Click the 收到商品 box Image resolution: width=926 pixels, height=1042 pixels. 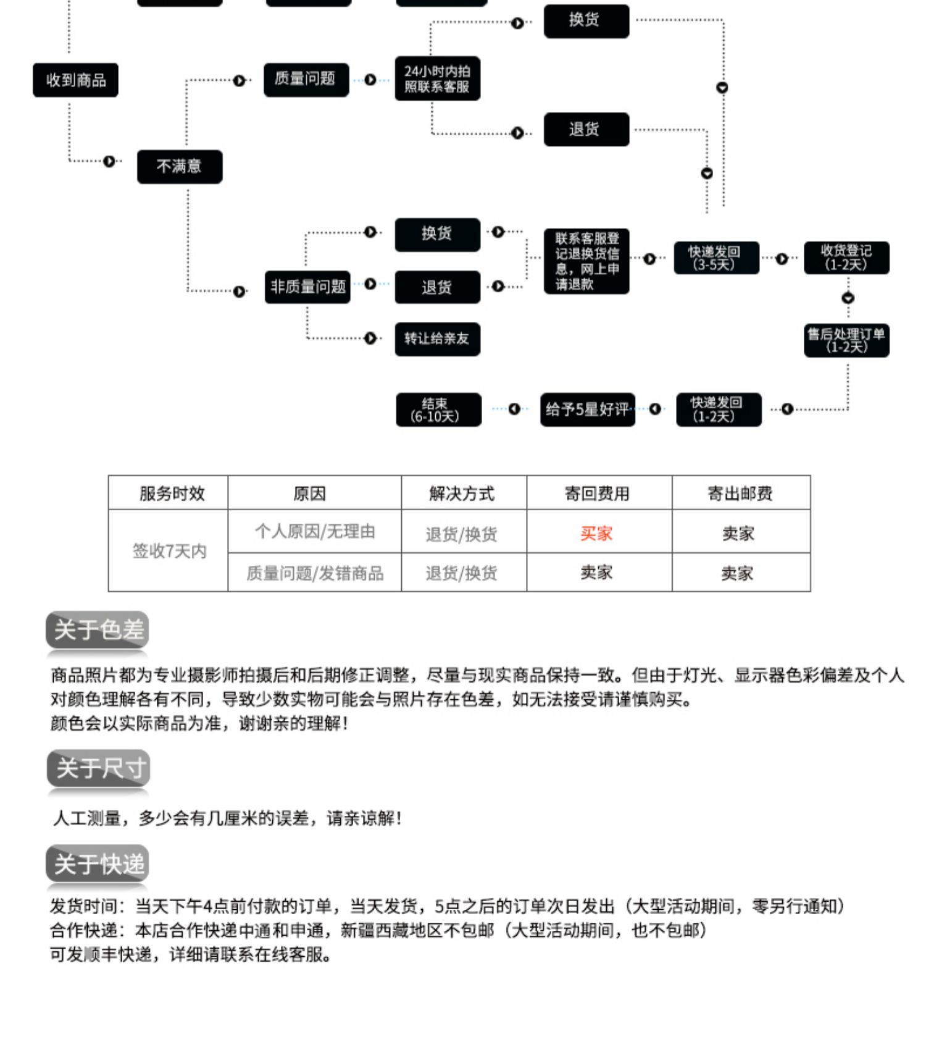(x=75, y=80)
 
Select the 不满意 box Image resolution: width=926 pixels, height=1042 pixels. (x=180, y=166)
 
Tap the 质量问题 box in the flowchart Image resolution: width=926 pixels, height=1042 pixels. (x=306, y=80)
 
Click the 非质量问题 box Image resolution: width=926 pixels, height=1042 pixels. (x=307, y=287)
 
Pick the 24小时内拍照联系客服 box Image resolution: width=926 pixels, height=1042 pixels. (x=437, y=79)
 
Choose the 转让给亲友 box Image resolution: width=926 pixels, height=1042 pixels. (x=437, y=339)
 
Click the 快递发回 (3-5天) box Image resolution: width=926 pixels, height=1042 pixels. (x=716, y=258)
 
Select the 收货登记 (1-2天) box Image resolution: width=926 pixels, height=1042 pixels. (x=846, y=258)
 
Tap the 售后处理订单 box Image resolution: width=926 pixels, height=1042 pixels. (x=846, y=340)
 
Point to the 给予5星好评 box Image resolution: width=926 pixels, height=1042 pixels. (x=587, y=410)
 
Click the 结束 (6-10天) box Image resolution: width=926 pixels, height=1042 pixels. (x=438, y=410)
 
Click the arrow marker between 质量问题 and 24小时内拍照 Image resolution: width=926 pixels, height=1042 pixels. (x=370, y=80)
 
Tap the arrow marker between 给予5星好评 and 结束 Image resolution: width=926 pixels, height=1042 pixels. (x=514, y=409)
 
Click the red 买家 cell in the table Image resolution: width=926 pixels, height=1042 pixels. (x=596, y=533)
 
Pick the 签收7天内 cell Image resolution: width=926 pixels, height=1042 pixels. (x=169, y=551)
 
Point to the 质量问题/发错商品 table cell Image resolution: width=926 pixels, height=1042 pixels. (x=315, y=573)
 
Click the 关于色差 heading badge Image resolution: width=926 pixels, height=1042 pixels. (x=98, y=630)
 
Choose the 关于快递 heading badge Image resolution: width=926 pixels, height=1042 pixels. (x=98, y=863)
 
